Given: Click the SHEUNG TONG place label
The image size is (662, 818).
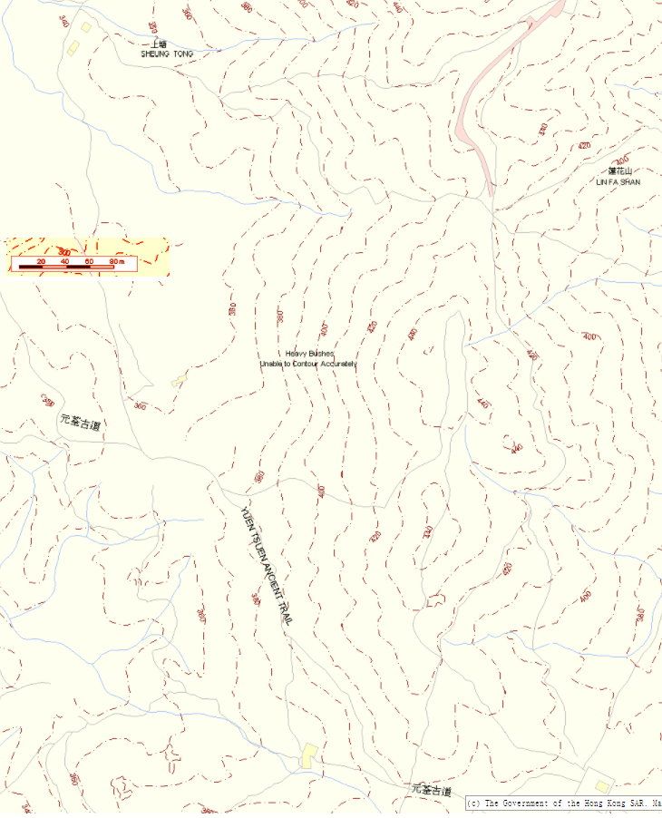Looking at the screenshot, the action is (x=167, y=54).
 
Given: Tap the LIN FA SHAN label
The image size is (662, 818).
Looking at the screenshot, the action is (x=618, y=182).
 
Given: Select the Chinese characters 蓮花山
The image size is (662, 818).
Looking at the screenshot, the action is (x=619, y=171).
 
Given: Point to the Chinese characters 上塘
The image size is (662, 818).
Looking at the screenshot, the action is (x=160, y=44).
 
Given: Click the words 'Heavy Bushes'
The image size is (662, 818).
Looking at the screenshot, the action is (x=309, y=354).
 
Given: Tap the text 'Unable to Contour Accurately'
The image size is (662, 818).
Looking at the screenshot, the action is (x=308, y=364).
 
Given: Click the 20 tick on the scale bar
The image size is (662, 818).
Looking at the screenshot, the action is (x=41, y=261).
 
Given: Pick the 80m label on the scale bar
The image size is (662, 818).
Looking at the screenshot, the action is (x=116, y=261).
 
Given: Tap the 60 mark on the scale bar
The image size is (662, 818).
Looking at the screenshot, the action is (x=89, y=261).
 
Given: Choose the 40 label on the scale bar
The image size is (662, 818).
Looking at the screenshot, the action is (x=64, y=261).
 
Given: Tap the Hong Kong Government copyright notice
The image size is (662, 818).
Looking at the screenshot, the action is (x=562, y=803).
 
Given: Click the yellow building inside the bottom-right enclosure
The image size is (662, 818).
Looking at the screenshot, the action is (x=601, y=786).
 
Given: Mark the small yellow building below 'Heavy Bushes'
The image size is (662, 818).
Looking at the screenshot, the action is (x=179, y=380).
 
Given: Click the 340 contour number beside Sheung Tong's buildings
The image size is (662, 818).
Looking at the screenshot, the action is (x=63, y=20).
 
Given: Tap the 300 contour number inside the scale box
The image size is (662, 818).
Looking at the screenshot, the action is (x=64, y=251).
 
